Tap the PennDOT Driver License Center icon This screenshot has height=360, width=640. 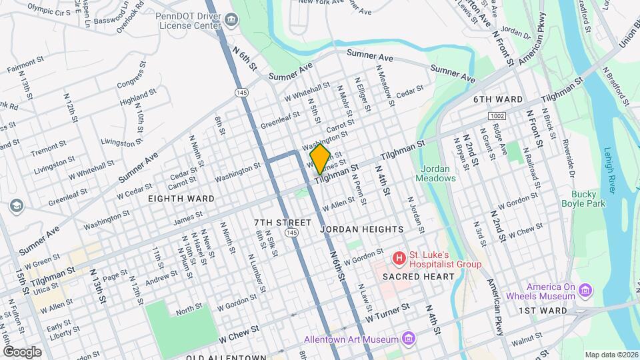point(231,21)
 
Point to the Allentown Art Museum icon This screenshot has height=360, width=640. point(408,339)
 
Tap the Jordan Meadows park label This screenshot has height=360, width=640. point(435,173)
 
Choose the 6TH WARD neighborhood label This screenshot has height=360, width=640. point(498,99)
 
